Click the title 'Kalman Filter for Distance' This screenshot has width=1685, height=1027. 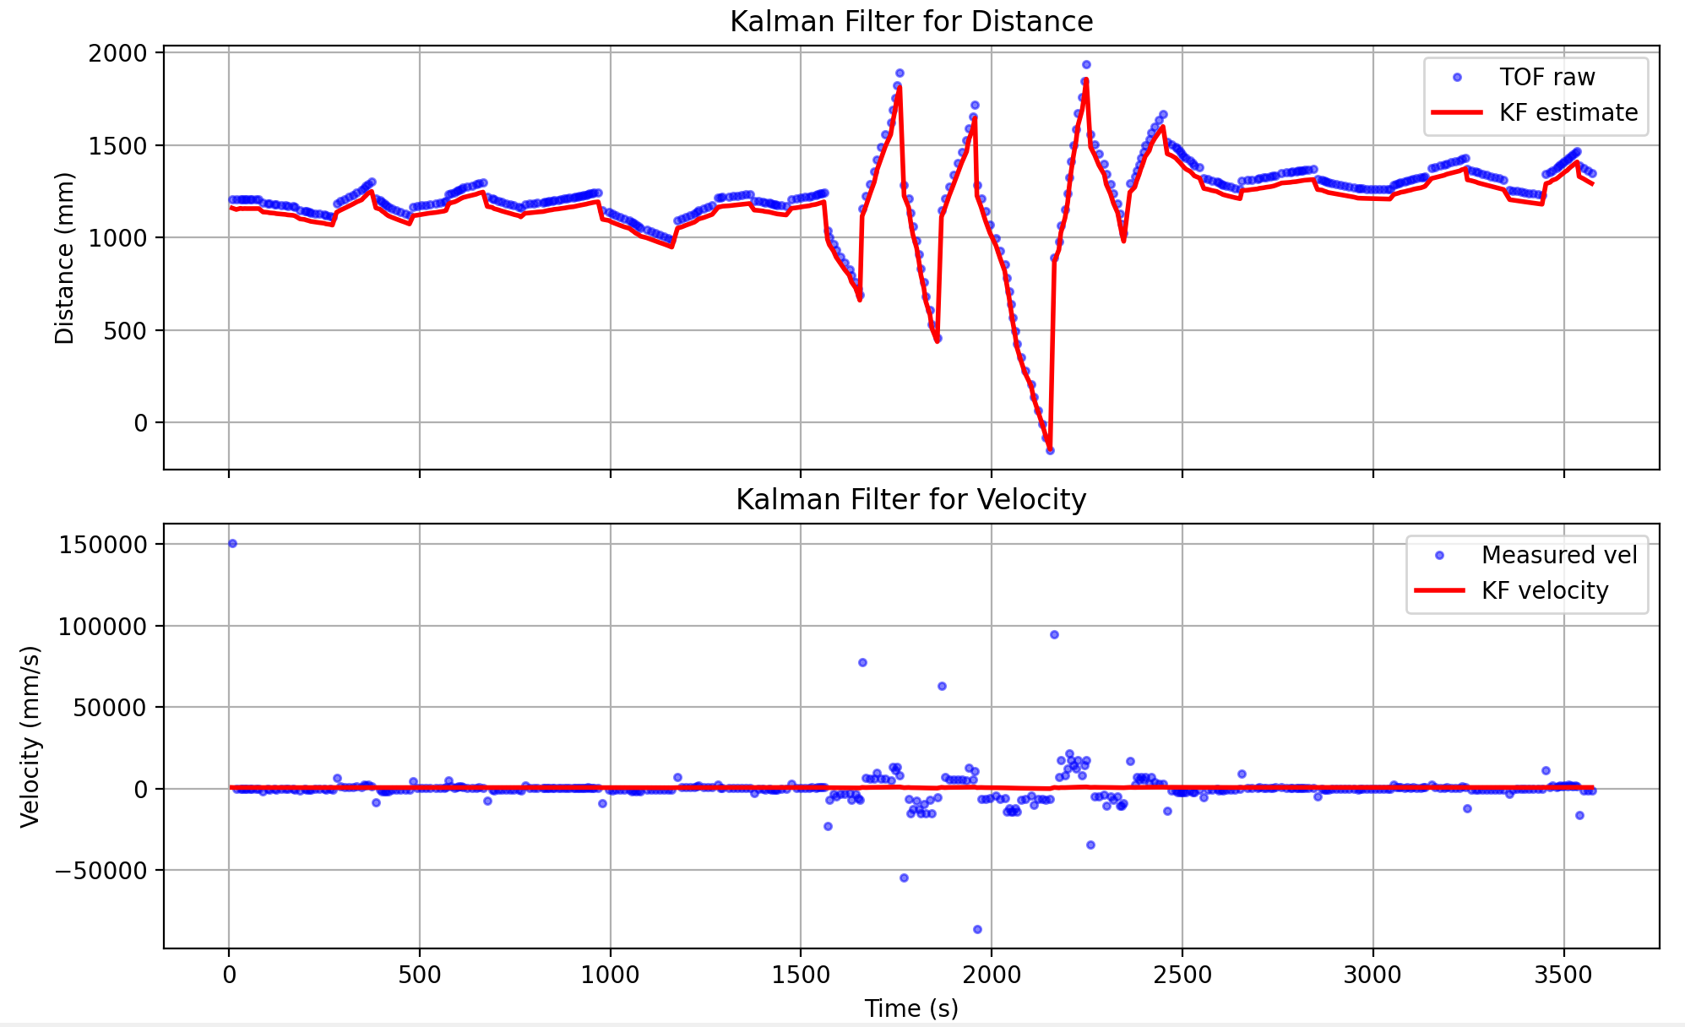pos(910,21)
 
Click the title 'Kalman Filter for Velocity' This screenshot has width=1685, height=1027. pos(910,500)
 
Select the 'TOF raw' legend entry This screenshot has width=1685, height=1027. pos(1546,78)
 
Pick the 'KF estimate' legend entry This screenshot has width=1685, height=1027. pos(1568,113)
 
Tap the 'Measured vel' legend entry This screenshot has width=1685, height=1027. pos(1558,555)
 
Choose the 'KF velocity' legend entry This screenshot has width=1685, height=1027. pos(1545,590)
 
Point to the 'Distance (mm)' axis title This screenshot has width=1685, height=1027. pos(65,258)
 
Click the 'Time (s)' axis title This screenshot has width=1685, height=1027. pos(910,1008)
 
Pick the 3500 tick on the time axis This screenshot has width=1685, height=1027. pos(1563,975)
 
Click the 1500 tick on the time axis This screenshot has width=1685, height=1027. pos(800,975)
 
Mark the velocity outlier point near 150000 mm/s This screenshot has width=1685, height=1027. pos(232,543)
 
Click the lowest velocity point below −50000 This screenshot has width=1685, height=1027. pos(977,929)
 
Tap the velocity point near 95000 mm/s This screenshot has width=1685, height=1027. pos(1054,634)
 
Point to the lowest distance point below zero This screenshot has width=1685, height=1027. pos(1050,450)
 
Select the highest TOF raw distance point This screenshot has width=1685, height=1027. pos(1086,64)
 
